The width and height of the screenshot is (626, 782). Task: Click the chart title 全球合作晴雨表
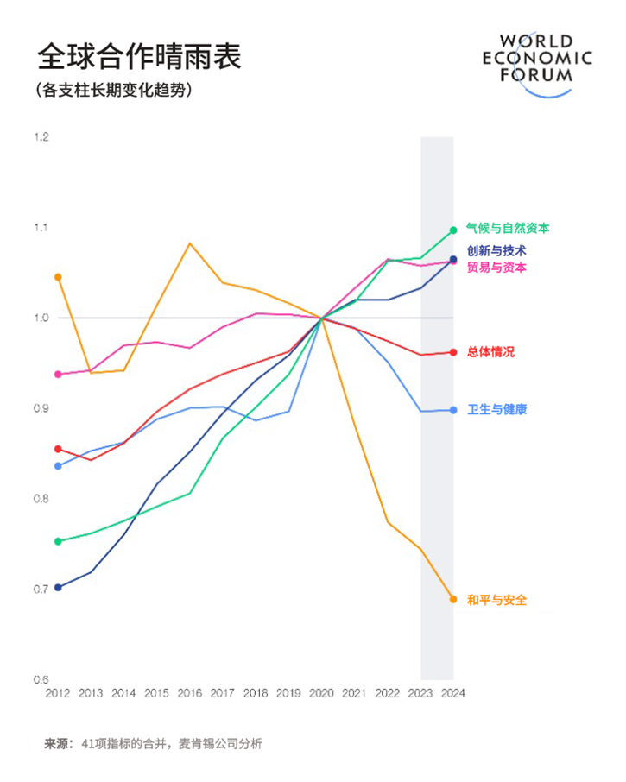coord(138,57)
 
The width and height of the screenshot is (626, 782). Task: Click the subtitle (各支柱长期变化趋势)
coord(113,91)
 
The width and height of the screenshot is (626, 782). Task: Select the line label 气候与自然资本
coord(508,229)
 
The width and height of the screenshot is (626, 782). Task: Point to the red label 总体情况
coord(490,352)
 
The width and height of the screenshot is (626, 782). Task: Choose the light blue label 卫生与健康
coord(496,409)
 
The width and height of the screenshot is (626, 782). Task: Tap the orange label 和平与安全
coord(496,600)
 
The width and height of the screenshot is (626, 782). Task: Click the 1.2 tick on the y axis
coord(41,137)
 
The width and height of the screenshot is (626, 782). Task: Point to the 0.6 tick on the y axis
coord(41,679)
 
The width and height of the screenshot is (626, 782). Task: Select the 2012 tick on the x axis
coord(58,693)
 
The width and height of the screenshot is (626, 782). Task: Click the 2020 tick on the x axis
coord(321,693)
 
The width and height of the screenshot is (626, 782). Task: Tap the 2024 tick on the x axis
coord(452,693)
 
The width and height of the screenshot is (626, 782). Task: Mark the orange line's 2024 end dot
coord(452,599)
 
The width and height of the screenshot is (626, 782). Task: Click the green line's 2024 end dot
coord(452,230)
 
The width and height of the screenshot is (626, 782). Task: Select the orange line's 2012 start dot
coord(58,277)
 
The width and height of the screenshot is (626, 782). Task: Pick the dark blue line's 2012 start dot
coord(58,588)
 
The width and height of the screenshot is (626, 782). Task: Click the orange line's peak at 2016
coord(190,243)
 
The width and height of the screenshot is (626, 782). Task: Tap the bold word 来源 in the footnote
coord(58,743)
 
